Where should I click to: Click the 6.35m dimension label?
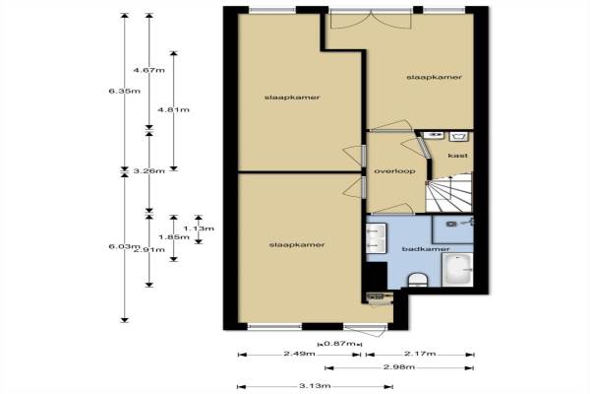tap(124, 91)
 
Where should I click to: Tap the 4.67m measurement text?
tap(149, 70)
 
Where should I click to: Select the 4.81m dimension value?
tap(173, 109)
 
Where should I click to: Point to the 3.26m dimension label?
tap(149, 170)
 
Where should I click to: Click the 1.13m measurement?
tap(199, 229)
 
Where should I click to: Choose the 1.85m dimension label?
tap(174, 237)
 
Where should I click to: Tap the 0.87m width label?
tap(340, 344)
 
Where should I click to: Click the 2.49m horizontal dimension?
tap(300, 354)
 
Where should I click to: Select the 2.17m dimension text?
tap(420, 354)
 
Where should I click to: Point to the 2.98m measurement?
tap(399, 366)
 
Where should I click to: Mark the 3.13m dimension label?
tap(315, 386)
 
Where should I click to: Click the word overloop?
tap(394, 171)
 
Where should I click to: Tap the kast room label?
tap(458, 156)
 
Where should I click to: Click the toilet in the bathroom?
tap(418, 281)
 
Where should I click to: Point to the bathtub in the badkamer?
tap(457, 270)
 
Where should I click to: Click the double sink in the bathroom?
tap(377, 238)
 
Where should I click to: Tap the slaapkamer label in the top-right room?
tap(435, 77)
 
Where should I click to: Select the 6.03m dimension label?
tap(122, 246)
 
